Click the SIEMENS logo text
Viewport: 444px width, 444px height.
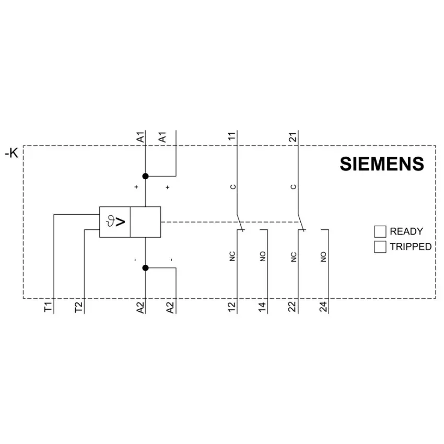tap(382, 164)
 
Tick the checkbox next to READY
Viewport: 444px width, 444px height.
tap(380, 231)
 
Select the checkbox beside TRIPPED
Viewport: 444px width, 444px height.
tap(380, 247)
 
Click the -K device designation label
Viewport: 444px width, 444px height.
tap(11, 153)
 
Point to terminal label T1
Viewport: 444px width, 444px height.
tap(48, 307)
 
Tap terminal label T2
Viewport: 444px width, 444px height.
tap(78, 307)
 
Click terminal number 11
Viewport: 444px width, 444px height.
tap(231, 136)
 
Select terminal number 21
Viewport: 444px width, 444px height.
tap(293, 137)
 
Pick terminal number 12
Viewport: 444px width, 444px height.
tap(231, 307)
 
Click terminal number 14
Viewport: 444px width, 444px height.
tap(262, 307)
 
